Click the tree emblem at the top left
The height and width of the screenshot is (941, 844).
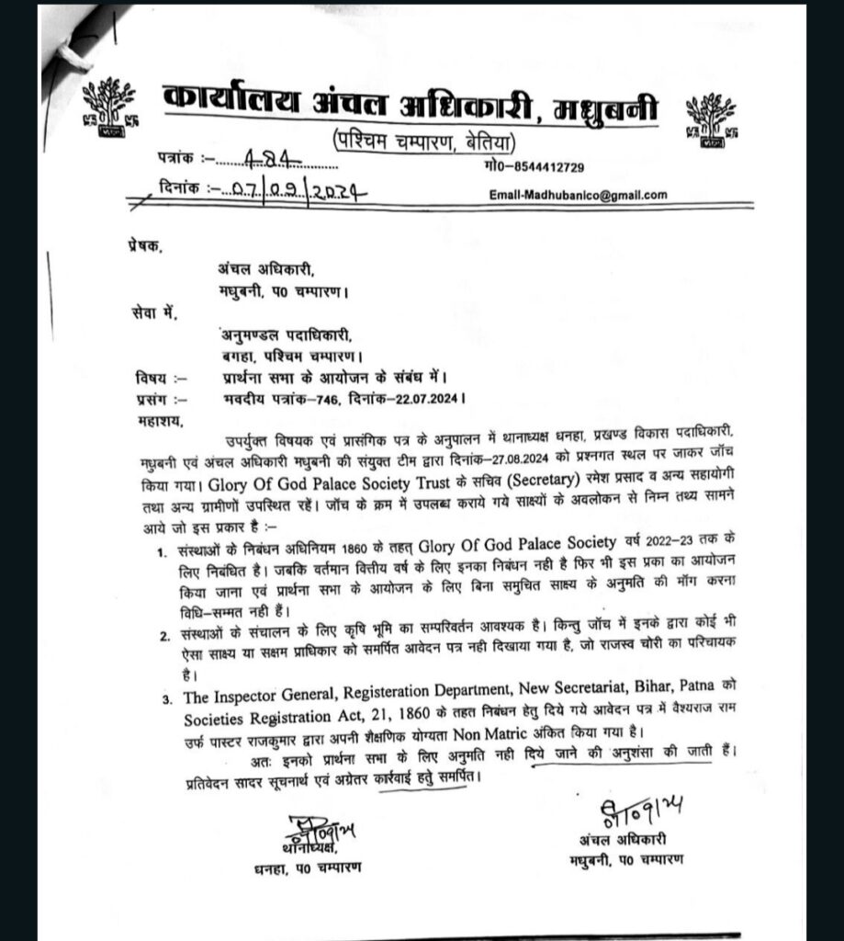tap(108, 108)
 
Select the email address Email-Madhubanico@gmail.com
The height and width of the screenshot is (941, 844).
tap(580, 195)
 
